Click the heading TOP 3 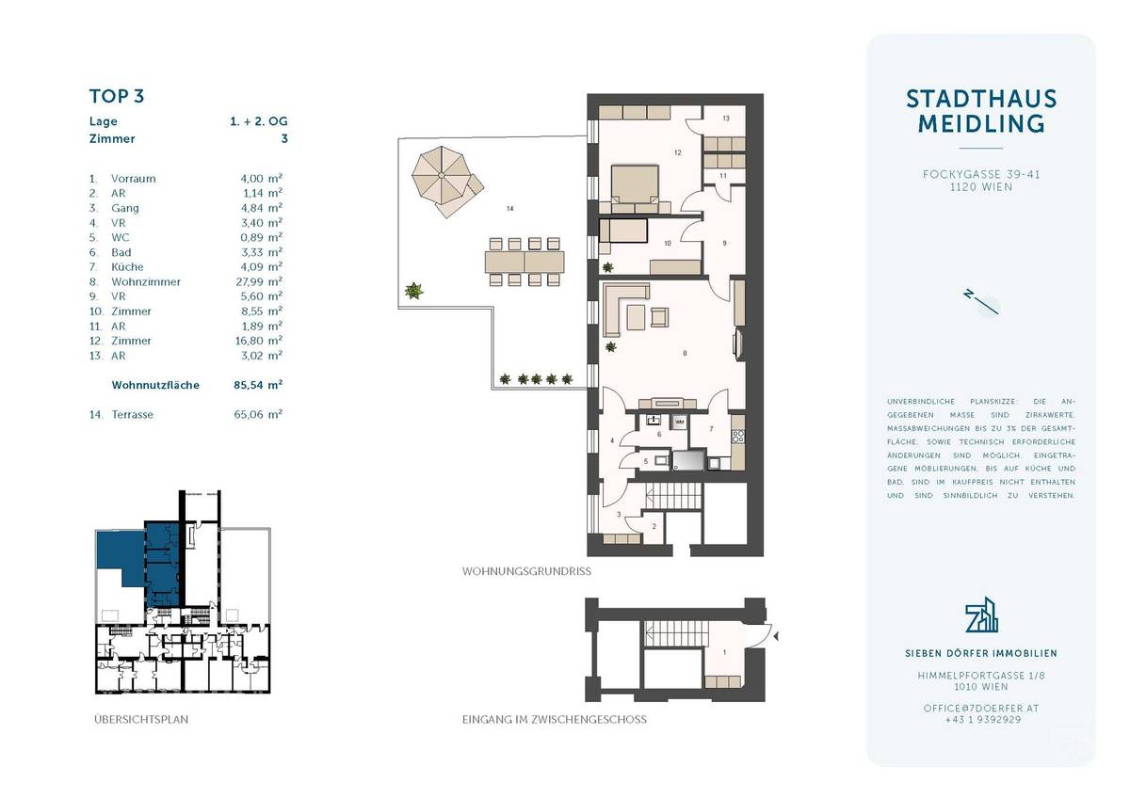click(x=116, y=96)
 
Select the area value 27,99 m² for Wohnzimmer click(x=262, y=281)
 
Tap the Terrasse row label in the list click(x=133, y=414)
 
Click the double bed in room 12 click(x=634, y=186)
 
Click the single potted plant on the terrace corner click(x=412, y=291)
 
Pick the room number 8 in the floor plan click(x=684, y=353)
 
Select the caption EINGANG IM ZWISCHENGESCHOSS click(x=554, y=720)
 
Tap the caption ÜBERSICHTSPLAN click(x=141, y=720)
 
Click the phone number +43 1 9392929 click(x=980, y=719)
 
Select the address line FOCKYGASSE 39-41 click(x=980, y=174)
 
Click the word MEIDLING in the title click(x=981, y=123)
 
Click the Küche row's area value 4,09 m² click(x=262, y=266)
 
